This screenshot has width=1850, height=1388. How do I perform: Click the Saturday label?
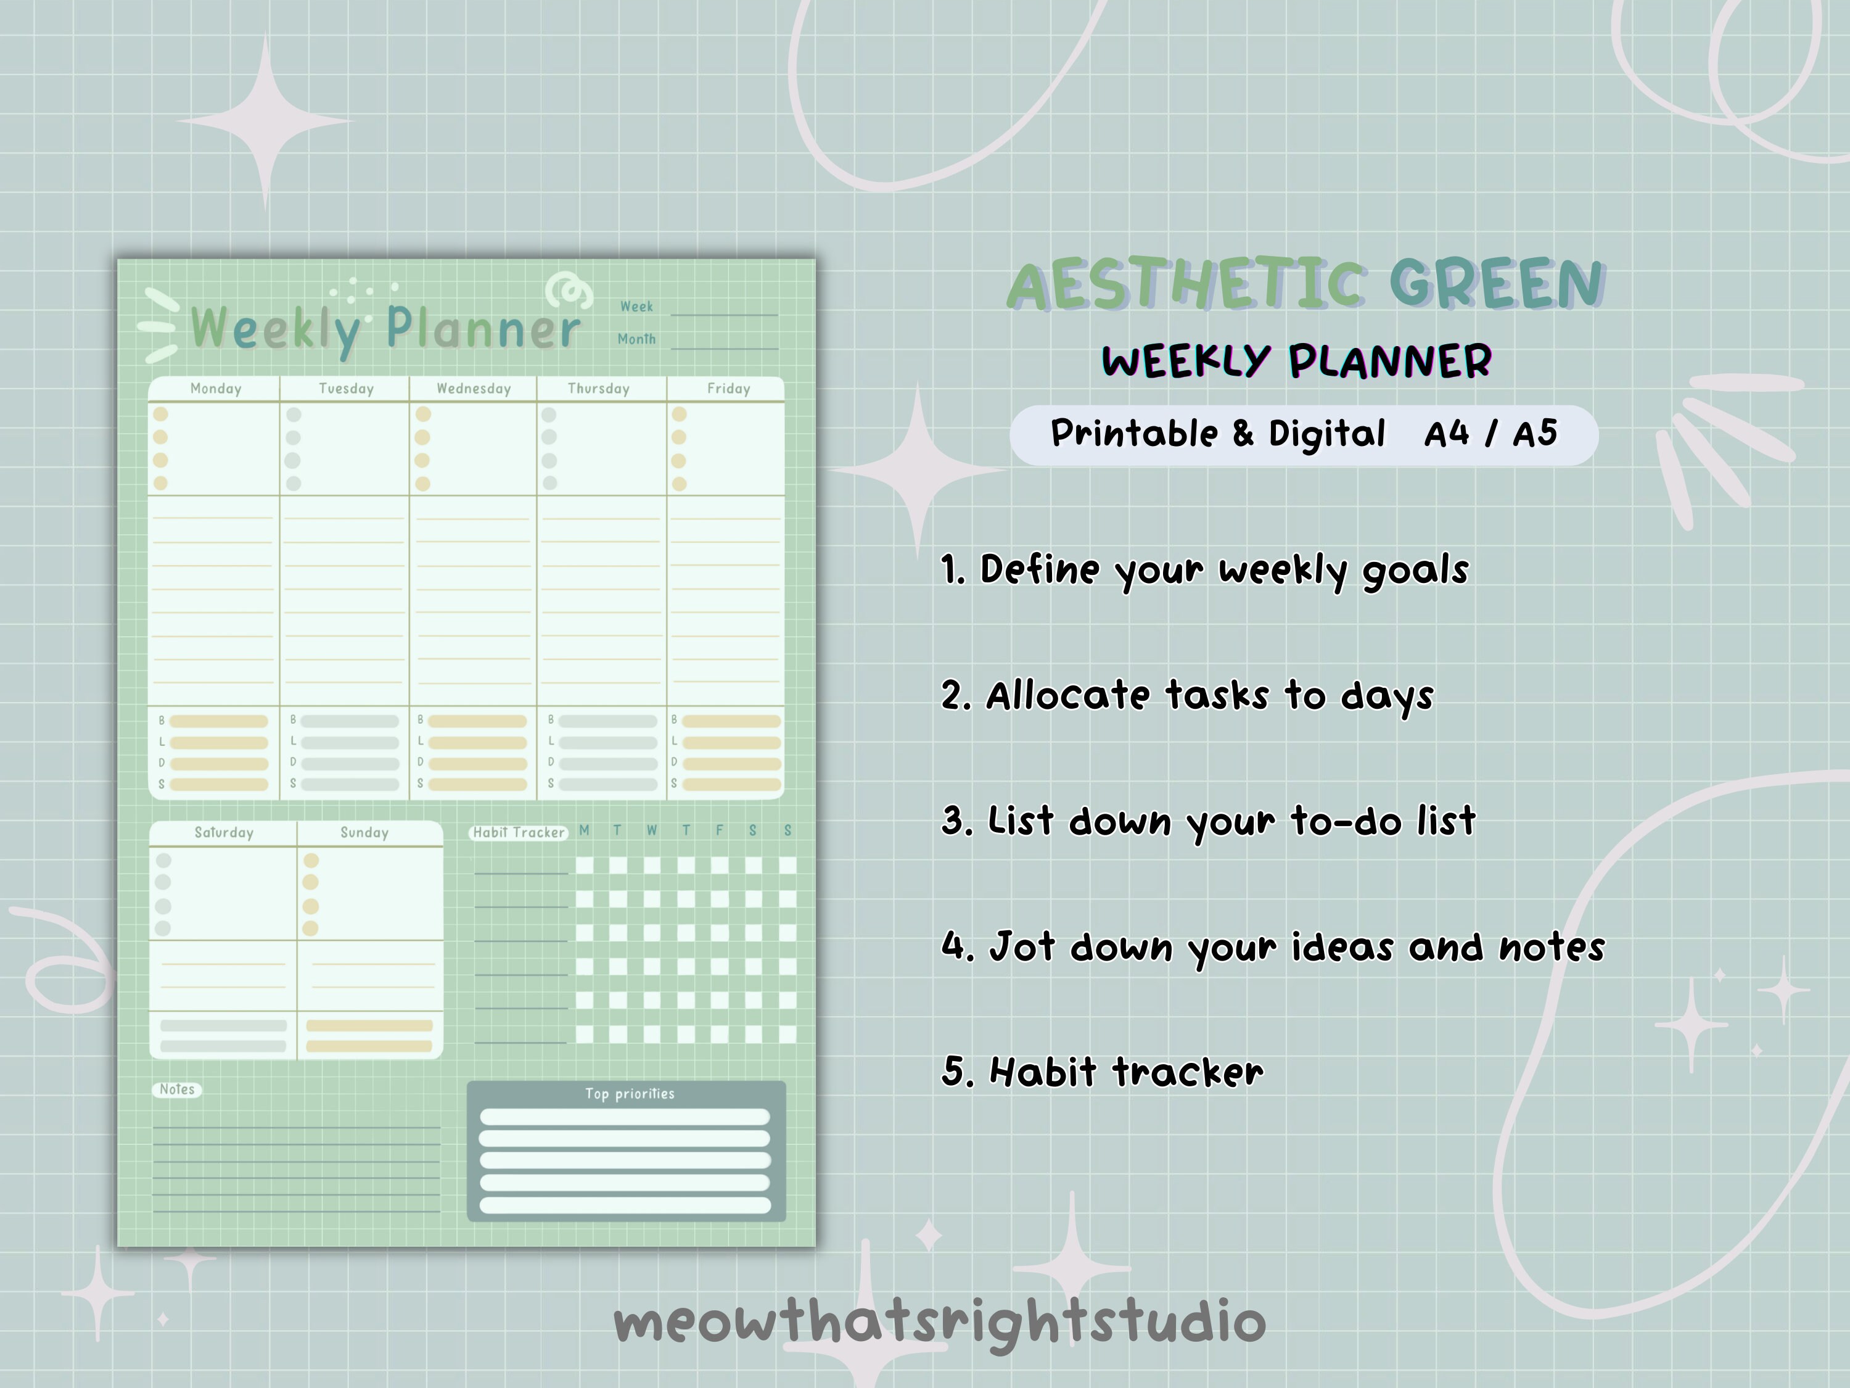(223, 832)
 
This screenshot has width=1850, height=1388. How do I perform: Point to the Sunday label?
(364, 832)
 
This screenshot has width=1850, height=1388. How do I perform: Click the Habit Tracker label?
(519, 832)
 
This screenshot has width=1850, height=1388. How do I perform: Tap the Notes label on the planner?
(176, 1089)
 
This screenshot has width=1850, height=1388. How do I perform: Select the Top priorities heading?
(629, 1094)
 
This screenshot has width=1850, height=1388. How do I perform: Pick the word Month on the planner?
(636, 339)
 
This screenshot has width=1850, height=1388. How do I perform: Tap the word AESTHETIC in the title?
(1187, 285)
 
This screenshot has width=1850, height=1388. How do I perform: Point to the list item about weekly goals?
(1204, 571)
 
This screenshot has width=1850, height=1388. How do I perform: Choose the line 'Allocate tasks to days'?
(1188, 696)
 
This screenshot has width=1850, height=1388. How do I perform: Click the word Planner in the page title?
(483, 329)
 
